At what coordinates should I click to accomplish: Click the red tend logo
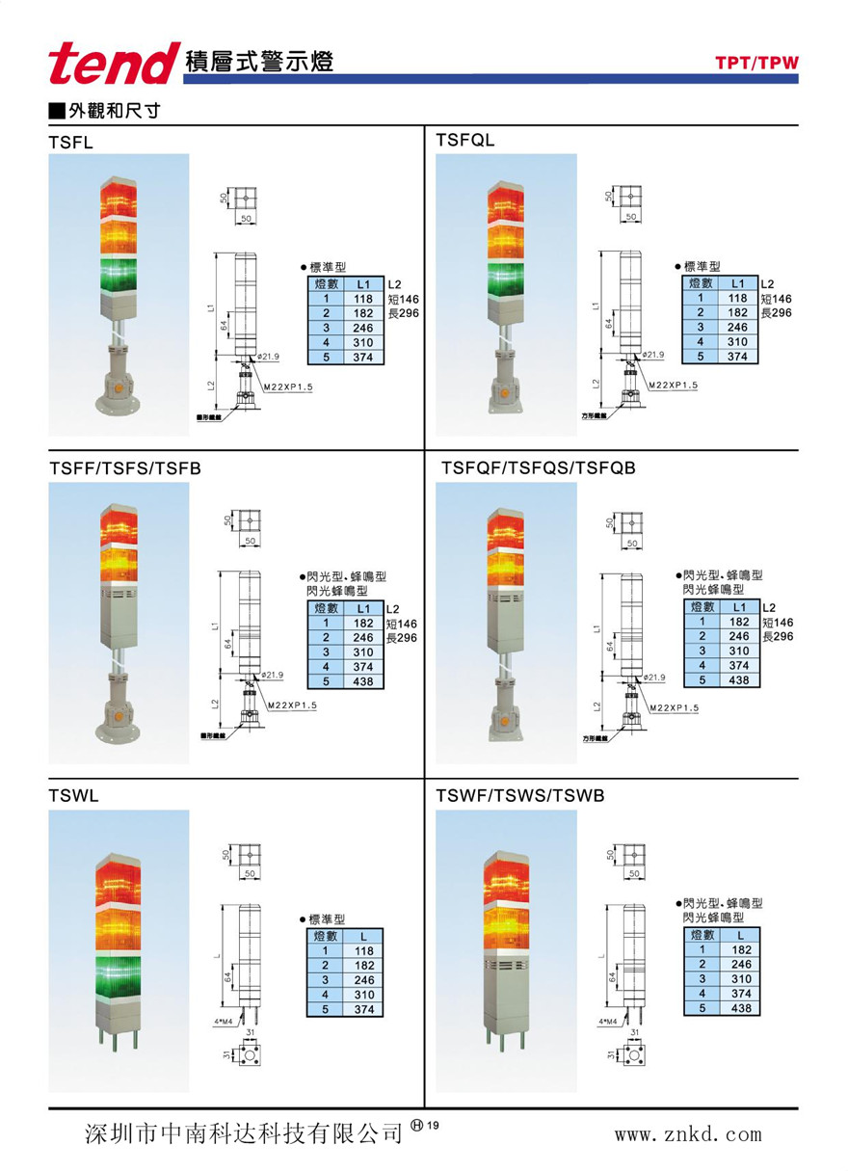pos(113,64)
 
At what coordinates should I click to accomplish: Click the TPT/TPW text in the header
pos(756,64)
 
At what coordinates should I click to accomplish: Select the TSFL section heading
pos(70,142)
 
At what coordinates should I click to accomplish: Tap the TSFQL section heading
pos(464,141)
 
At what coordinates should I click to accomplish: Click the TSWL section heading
pos(73,796)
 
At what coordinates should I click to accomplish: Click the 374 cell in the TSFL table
pos(362,358)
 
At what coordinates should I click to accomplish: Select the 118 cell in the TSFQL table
pos(737,299)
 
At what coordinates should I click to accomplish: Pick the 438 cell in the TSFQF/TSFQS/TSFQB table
pos(738,680)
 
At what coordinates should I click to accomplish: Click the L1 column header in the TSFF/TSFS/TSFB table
pos(363,609)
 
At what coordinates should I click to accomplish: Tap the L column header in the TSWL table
pos(363,936)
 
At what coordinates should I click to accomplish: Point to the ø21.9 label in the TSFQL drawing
pos(653,355)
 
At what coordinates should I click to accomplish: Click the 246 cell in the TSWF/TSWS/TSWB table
pos(740,965)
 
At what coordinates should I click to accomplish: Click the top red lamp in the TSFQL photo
pos(506,204)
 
